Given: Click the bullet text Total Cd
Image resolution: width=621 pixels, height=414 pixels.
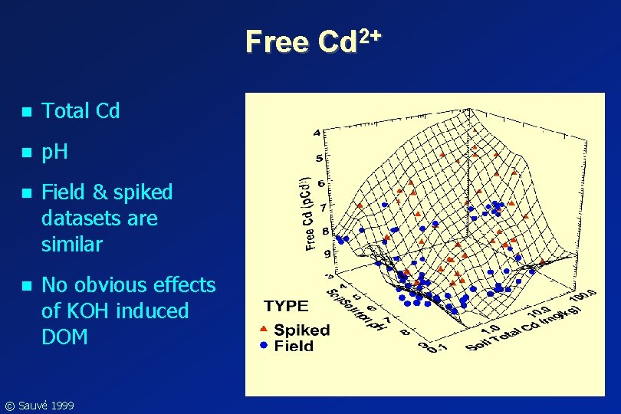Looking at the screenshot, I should click(80, 111).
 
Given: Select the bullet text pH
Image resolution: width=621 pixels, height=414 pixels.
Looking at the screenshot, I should click(55, 152).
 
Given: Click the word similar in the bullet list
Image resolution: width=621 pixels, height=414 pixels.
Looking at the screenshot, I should click(71, 245).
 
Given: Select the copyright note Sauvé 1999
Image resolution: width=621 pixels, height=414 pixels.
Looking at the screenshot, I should click(44, 405).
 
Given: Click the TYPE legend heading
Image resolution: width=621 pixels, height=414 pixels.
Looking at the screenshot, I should click(286, 306).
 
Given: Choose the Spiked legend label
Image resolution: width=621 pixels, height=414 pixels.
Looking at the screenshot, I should click(302, 330).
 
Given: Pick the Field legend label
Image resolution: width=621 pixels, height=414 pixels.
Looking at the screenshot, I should click(294, 347).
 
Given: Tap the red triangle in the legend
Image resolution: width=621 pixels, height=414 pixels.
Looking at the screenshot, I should click(263, 330).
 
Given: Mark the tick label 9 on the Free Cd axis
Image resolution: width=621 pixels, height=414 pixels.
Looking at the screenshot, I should click(327, 253).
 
